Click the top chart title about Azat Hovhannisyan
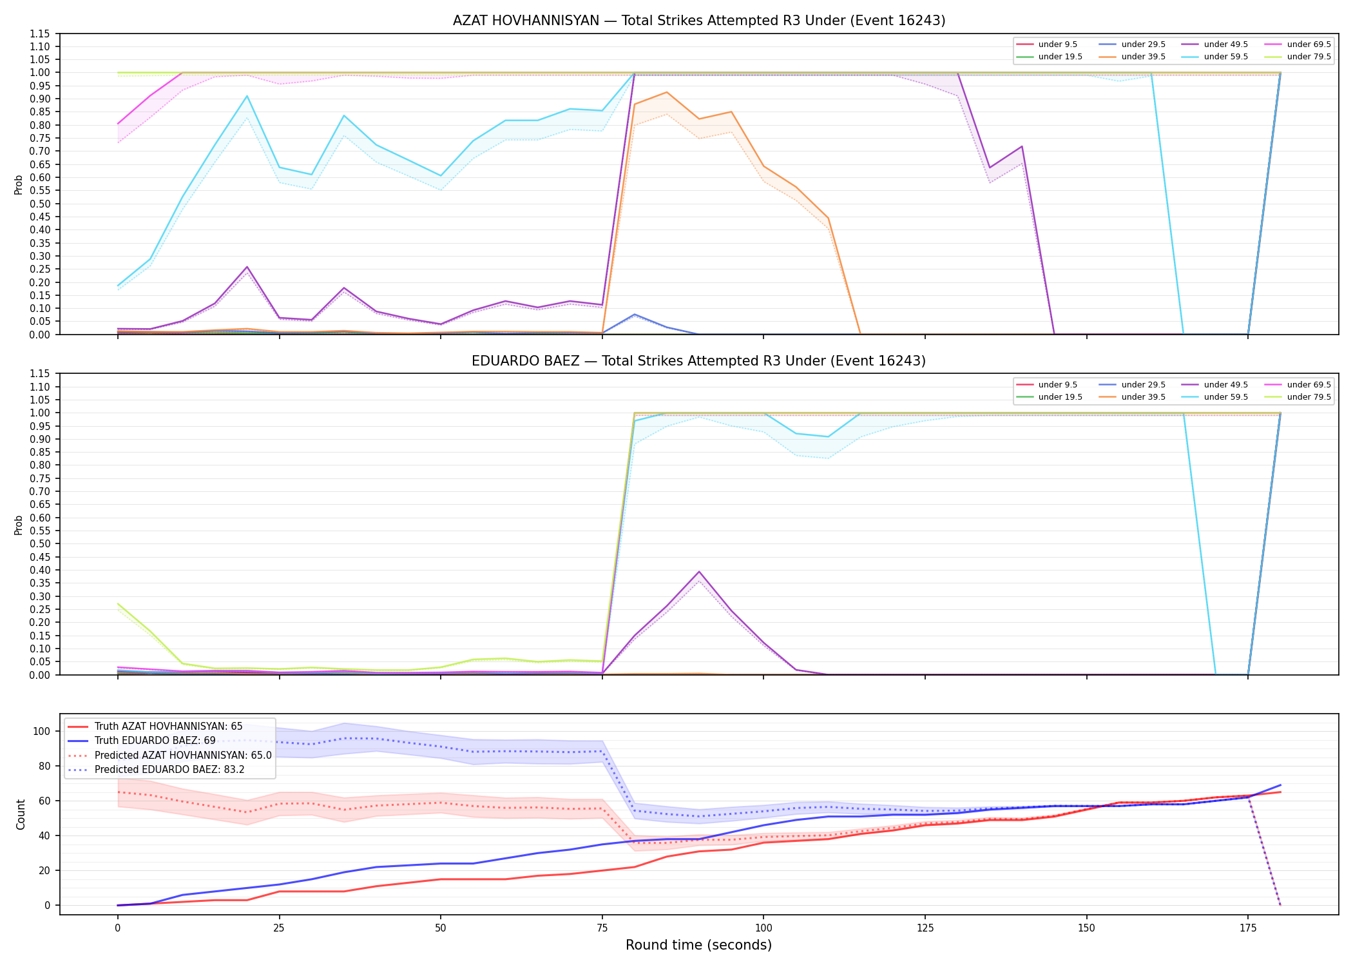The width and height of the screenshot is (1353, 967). point(699,21)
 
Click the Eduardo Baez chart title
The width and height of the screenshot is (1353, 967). point(699,361)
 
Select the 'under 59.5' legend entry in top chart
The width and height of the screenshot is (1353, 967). point(1215,57)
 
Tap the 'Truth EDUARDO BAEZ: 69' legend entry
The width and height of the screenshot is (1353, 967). point(155,741)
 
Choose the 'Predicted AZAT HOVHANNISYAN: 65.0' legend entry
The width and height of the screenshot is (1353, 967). point(169,755)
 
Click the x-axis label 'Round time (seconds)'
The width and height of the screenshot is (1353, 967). point(699,945)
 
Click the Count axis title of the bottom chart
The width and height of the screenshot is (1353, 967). point(21,814)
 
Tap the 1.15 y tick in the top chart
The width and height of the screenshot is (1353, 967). point(40,34)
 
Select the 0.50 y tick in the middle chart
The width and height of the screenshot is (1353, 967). point(40,544)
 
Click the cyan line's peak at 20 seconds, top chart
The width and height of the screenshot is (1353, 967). point(247,96)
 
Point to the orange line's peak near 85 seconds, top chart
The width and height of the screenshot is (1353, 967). point(667,92)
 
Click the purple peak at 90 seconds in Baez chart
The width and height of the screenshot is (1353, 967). point(699,572)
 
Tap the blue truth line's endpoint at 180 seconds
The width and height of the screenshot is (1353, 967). point(1280,785)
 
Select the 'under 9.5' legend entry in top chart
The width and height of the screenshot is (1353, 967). point(1047,44)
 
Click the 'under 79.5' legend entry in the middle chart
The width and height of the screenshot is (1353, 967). point(1298,397)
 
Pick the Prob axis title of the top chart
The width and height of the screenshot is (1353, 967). point(19,185)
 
